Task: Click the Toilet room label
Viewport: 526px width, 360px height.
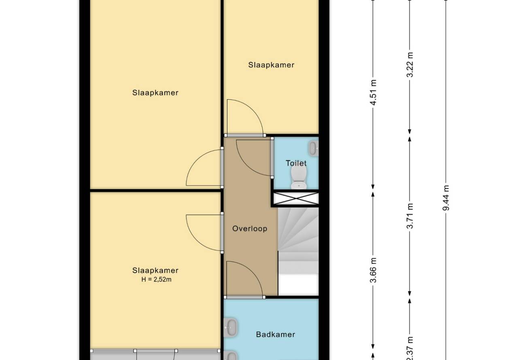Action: pos(296,163)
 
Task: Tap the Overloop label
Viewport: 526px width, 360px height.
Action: pos(250,229)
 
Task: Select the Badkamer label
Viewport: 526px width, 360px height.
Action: pos(276,335)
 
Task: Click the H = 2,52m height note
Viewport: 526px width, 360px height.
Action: pos(156,280)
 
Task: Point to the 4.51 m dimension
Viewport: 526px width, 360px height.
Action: pos(373,93)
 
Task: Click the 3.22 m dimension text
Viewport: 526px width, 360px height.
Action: pos(410,65)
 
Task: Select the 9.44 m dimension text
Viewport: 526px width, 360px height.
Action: pos(446,198)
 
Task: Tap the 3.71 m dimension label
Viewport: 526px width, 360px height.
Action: pos(410,216)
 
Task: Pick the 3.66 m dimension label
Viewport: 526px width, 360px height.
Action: pos(373,270)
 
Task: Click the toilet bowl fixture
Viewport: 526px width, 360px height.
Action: pos(299,178)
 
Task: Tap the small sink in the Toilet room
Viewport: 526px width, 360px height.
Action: pos(314,148)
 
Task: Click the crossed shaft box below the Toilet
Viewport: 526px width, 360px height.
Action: pos(296,198)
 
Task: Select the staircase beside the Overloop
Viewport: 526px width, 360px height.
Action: pos(298,251)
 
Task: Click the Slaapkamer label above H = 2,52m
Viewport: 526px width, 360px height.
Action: pos(155,270)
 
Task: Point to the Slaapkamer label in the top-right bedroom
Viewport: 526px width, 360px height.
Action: pos(271,65)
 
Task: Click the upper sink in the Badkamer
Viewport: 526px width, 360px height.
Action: pos(231,327)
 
